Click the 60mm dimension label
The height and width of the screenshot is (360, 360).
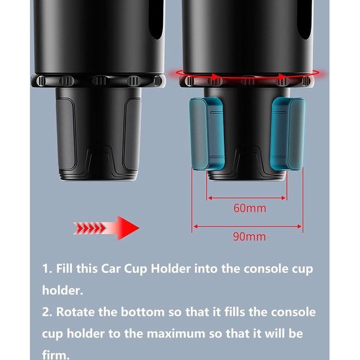(x=250, y=208)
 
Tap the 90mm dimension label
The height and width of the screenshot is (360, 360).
(x=249, y=237)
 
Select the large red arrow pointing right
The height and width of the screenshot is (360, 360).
(x=106, y=228)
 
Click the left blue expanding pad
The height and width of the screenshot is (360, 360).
(x=207, y=134)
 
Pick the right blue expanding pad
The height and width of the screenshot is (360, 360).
(x=288, y=133)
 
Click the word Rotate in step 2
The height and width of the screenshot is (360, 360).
(x=75, y=312)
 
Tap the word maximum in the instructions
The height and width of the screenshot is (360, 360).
(x=176, y=334)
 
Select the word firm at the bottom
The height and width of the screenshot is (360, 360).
(x=56, y=355)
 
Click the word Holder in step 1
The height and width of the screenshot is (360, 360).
(x=170, y=269)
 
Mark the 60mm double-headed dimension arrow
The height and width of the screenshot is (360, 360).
(x=247, y=198)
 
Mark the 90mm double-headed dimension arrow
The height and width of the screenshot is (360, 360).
(x=247, y=227)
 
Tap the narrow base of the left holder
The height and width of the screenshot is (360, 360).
(x=98, y=133)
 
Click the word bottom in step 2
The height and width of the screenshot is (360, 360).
(x=143, y=312)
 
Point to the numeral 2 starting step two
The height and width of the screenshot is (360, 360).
(x=45, y=312)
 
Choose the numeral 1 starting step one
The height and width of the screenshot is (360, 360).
(x=45, y=269)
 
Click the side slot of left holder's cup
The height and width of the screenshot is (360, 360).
(x=157, y=20)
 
